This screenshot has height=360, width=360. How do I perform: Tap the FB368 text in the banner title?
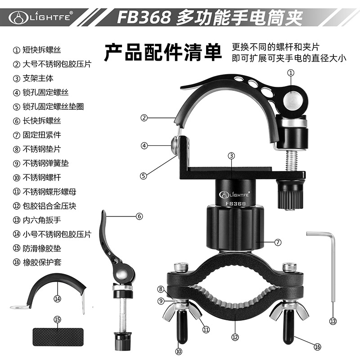(144, 18)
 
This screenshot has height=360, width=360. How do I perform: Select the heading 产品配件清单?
(163, 52)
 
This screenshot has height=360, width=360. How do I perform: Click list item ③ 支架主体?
(33, 78)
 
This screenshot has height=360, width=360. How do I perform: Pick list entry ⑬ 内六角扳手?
(37, 220)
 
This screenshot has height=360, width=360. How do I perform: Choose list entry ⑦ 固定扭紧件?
(37, 135)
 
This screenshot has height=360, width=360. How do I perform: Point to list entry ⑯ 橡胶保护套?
(37, 262)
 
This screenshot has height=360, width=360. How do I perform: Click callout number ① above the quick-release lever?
(291, 73)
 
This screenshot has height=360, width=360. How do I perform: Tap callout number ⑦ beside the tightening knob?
(278, 242)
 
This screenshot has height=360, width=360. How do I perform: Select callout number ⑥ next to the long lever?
(139, 216)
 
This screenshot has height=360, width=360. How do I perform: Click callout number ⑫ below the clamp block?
(235, 337)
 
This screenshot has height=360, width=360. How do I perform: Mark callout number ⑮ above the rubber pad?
(58, 319)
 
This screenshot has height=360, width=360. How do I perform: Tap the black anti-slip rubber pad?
(58, 337)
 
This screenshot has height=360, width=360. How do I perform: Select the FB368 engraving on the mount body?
(235, 204)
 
